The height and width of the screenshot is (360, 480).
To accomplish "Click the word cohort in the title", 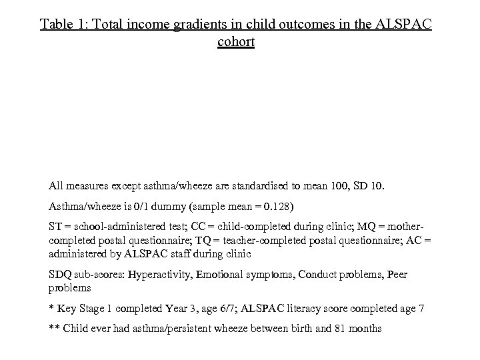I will [x=235, y=42].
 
